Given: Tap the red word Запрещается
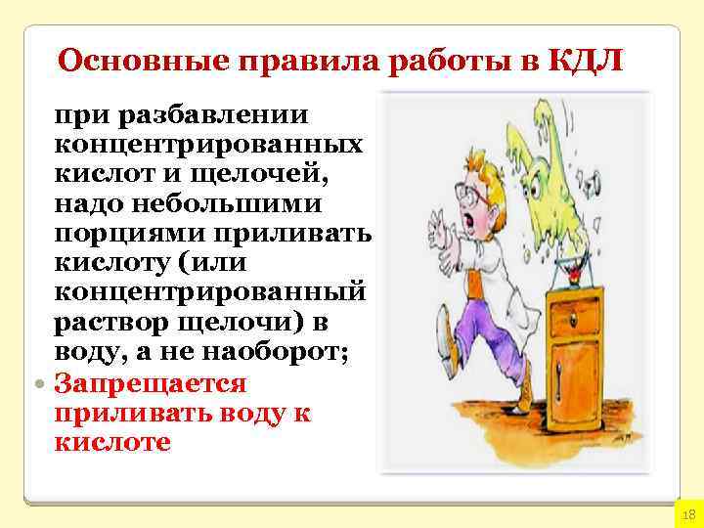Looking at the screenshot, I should click(152, 383).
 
